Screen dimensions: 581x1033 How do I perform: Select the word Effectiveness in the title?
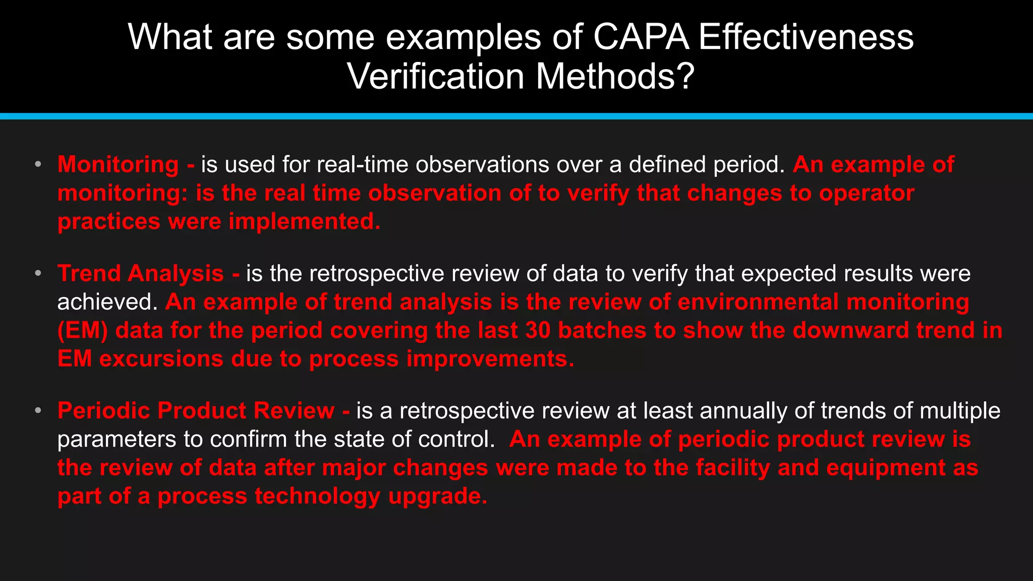806,37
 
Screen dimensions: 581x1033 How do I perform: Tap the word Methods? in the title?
615,76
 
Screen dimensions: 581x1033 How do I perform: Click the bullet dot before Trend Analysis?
38,273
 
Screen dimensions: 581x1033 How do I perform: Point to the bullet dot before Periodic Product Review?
38,411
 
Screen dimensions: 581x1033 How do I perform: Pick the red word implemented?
305,221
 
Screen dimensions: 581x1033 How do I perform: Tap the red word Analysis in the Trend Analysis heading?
176,273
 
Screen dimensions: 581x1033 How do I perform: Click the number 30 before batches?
538,330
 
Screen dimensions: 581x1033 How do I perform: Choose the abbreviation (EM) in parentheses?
83,330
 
